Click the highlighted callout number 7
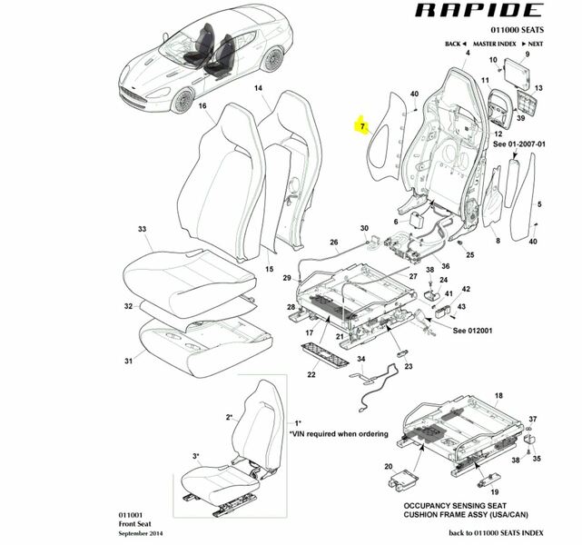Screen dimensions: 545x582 pos(362,126)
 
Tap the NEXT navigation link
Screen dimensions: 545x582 pos(535,44)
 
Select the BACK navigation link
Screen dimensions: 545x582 pos(454,44)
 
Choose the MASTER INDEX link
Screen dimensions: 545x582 pos(494,44)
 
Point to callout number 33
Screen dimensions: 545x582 pos(142,228)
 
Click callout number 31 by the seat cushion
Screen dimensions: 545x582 pos(128,362)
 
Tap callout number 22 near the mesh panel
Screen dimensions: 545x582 pos(311,375)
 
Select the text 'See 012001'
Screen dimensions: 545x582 pos(471,331)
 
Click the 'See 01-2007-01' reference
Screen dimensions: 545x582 pos(519,144)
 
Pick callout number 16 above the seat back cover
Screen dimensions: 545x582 pos(202,106)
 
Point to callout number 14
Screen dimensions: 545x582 pos(258,88)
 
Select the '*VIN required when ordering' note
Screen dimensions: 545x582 pos(340,434)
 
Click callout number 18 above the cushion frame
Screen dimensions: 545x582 pos(498,397)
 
